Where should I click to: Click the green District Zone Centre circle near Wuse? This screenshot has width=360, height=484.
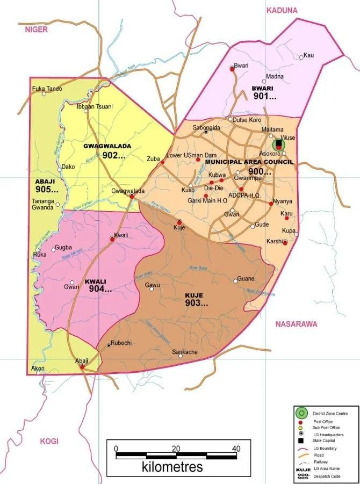coord(278,144)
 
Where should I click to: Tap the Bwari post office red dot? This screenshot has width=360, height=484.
coord(232,68)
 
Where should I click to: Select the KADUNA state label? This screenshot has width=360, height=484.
coord(282,10)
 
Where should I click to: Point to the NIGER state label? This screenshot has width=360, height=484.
coord(36,30)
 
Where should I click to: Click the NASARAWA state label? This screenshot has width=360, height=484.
coord(296,324)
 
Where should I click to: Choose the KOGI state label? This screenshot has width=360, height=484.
coord(48,441)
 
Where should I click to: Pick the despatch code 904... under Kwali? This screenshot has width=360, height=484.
coord(100,288)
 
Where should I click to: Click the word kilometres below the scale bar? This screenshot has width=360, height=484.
coord(172,466)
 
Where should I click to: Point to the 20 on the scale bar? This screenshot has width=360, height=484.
coord(176,449)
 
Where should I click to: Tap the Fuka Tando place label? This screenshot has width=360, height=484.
coord(47,89)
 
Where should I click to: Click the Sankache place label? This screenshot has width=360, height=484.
coord(184,352)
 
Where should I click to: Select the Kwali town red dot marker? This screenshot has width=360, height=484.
coord(112,239)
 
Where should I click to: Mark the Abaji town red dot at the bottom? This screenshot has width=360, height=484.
coord(82,366)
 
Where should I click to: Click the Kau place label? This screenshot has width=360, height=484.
coord(308,55)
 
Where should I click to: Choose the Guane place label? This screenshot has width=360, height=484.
coord(246,279)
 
